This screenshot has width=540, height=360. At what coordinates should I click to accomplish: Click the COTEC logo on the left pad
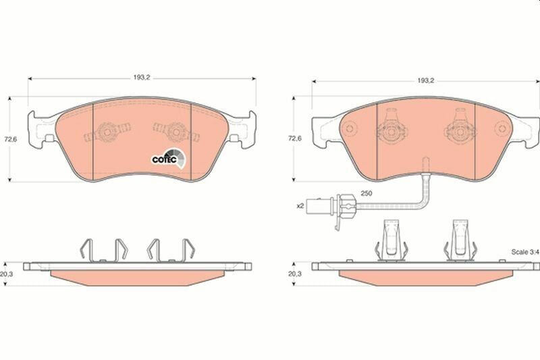click(169, 159)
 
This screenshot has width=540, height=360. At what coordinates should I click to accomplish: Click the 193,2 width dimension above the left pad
click(142, 78)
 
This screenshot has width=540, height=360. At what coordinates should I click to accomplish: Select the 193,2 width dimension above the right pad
click(426, 80)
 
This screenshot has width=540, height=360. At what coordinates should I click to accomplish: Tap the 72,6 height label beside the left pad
click(10, 140)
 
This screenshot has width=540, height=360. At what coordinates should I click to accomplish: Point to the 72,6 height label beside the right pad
click(294, 138)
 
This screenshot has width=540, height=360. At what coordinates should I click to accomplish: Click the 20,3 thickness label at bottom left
click(7, 274)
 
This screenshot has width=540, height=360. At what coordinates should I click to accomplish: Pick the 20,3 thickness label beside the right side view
click(294, 274)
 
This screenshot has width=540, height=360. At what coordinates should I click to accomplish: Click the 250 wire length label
click(366, 193)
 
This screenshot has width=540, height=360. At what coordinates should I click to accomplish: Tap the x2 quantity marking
click(300, 206)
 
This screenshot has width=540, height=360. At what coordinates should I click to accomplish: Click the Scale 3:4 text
click(525, 252)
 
